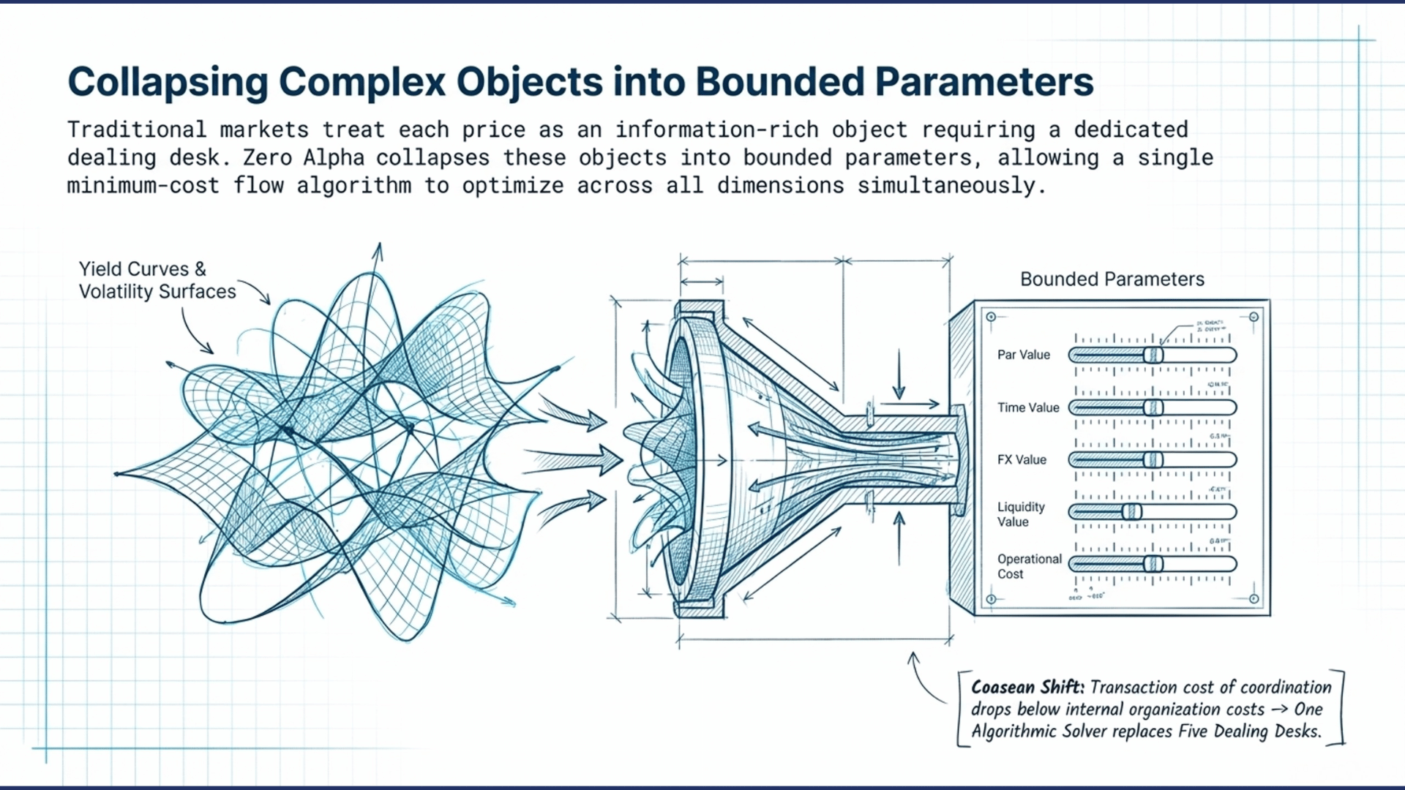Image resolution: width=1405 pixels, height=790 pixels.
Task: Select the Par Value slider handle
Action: pos(1153,355)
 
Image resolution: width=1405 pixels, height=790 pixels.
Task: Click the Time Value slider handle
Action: pos(1153,407)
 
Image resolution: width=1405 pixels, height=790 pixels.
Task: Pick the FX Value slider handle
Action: pos(1153,459)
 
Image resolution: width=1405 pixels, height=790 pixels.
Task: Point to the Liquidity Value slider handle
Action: pos(1132,511)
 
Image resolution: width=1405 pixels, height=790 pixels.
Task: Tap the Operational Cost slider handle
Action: pos(1153,563)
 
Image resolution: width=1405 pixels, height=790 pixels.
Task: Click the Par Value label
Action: pos(1023,355)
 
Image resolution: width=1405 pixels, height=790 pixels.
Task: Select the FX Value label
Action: pos(1022,459)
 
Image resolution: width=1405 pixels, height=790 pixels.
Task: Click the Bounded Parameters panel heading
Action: pos(1112,279)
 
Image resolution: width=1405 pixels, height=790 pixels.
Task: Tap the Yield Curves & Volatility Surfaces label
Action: pos(157,280)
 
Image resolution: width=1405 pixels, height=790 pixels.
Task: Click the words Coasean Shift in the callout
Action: pos(1027,687)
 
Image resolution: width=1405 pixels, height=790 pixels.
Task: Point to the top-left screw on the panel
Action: pos(991,317)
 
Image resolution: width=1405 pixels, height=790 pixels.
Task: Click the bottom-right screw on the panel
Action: pos(1254,599)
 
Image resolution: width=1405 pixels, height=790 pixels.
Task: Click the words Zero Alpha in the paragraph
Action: pos(303,158)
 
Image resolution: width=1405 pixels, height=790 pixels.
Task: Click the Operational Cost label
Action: pos(1029,566)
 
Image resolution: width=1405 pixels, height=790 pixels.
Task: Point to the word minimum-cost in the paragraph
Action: pos(143,186)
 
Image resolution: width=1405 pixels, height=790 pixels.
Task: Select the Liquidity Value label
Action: pos(1021,514)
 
